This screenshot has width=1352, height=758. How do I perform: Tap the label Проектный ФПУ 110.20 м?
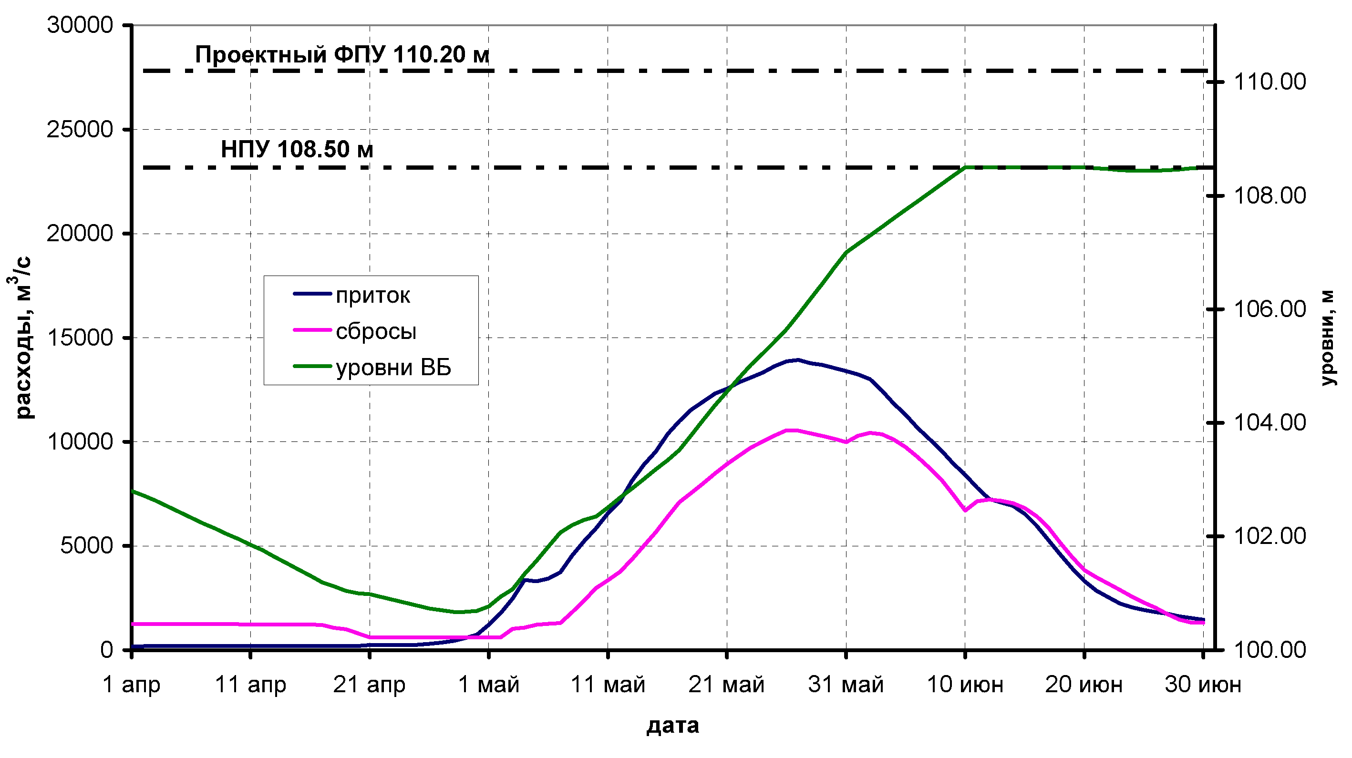coord(341,54)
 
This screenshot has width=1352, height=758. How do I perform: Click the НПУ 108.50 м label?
coord(297,150)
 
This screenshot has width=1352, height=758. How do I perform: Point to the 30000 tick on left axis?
coord(80,25)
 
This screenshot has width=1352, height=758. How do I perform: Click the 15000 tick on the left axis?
coord(80,338)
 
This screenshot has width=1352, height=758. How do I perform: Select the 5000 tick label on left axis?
coord(87,546)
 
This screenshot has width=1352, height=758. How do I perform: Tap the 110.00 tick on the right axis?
coord(1269,82)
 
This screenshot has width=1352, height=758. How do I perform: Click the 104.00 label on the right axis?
coord(1269,423)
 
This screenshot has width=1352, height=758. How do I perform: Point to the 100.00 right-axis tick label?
coord(1269,650)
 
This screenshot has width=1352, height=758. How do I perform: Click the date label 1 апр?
coord(131,685)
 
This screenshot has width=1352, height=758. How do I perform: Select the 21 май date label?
coord(726,685)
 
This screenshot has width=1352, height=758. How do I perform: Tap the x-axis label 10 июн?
coord(965,685)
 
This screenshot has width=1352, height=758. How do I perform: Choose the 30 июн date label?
coord(1203,685)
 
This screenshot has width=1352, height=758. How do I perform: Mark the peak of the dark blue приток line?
coord(798,360)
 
